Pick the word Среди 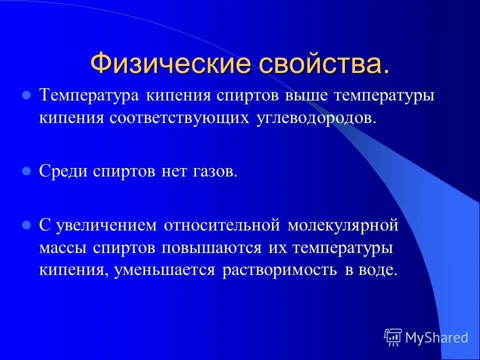pos(63,171)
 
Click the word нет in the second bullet pos(173,171)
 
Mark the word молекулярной pos(343,225)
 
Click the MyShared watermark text pos(436,337)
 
